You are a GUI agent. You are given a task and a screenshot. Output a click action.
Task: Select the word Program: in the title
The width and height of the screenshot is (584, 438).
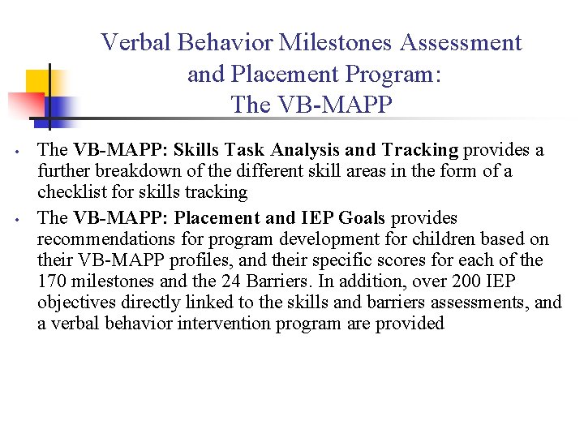click(x=391, y=74)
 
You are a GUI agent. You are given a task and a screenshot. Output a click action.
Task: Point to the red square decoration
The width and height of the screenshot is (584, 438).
click(x=24, y=105)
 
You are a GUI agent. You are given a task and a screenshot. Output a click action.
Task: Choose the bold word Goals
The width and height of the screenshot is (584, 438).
click(x=366, y=218)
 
